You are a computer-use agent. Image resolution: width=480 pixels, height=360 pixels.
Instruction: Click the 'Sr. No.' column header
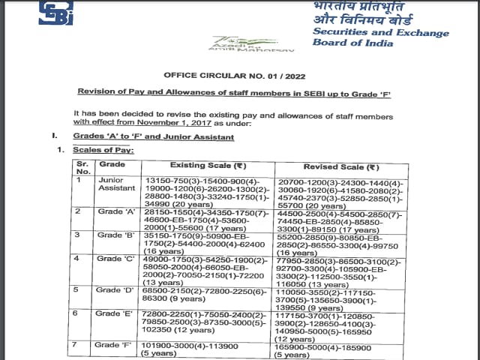[82, 166]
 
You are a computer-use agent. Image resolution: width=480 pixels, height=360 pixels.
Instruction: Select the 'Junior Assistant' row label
[113, 184]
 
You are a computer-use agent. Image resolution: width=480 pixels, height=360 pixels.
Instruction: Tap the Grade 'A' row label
[114, 212]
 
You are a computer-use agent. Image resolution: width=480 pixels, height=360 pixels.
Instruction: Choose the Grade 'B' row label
[114, 235]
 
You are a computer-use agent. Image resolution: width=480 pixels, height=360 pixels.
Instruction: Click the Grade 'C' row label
[114, 259]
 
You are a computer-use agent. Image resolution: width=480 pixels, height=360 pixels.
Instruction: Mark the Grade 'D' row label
[114, 289]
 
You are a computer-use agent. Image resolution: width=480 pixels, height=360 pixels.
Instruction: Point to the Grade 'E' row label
[114, 313]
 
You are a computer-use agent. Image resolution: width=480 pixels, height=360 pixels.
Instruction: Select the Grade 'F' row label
[114, 345]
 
